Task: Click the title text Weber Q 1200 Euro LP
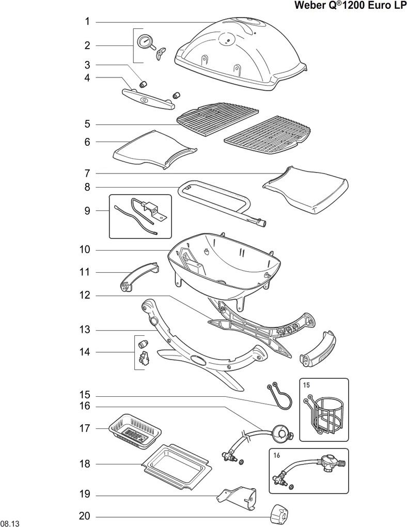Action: pyautogui.click(x=349, y=6)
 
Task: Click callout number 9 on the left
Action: pyautogui.click(x=87, y=210)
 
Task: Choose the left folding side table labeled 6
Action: pyautogui.click(x=154, y=150)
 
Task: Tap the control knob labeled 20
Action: pyautogui.click(x=280, y=513)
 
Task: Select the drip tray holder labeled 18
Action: pyautogui.click(x=178, y=467)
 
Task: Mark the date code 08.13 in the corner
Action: pyautogui.click(x=10, y=523)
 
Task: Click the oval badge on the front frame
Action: pyautogui.click(x=199, y=360)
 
